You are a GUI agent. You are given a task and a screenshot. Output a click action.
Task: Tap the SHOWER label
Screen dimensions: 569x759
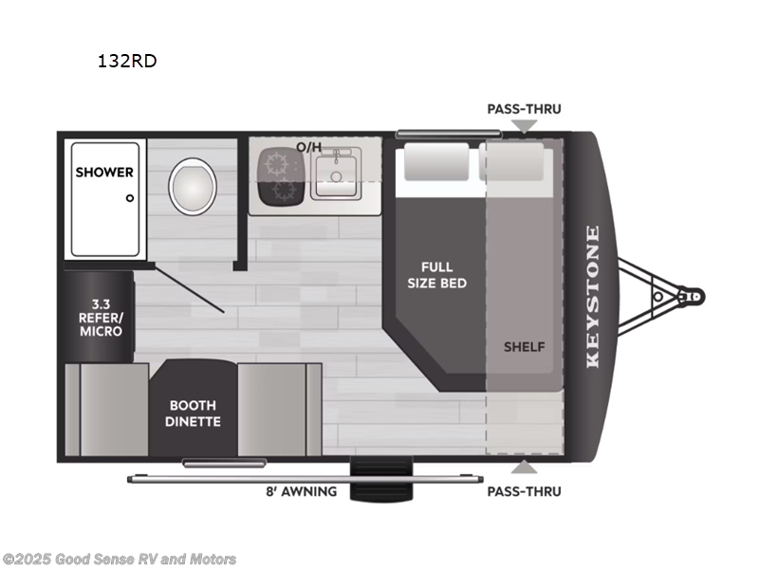coord(104,173)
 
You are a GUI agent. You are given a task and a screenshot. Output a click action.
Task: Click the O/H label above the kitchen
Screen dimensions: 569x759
coord(309,147)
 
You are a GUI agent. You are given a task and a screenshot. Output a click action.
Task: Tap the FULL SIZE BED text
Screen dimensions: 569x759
coord(437,275)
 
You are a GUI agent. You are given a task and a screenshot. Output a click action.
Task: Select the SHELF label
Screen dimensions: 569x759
coord(524,346)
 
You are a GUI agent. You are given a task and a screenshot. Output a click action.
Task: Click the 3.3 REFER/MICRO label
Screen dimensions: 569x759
coord(100,319)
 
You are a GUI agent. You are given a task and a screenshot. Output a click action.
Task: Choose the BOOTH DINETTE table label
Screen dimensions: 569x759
coord(195,413)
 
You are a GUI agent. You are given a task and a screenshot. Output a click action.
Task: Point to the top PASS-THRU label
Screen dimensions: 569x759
coord(524,109)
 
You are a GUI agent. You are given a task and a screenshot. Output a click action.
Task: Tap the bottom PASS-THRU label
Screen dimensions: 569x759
coord(524,491)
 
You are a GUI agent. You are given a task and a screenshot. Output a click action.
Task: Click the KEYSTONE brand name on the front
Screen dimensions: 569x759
coord(593,296)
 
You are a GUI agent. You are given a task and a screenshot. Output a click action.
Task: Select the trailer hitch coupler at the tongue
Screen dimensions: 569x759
coord(690,296)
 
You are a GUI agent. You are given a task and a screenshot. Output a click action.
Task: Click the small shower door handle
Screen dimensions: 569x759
coord(130,198)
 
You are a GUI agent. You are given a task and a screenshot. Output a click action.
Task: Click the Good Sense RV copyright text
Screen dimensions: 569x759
coord(120,560)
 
